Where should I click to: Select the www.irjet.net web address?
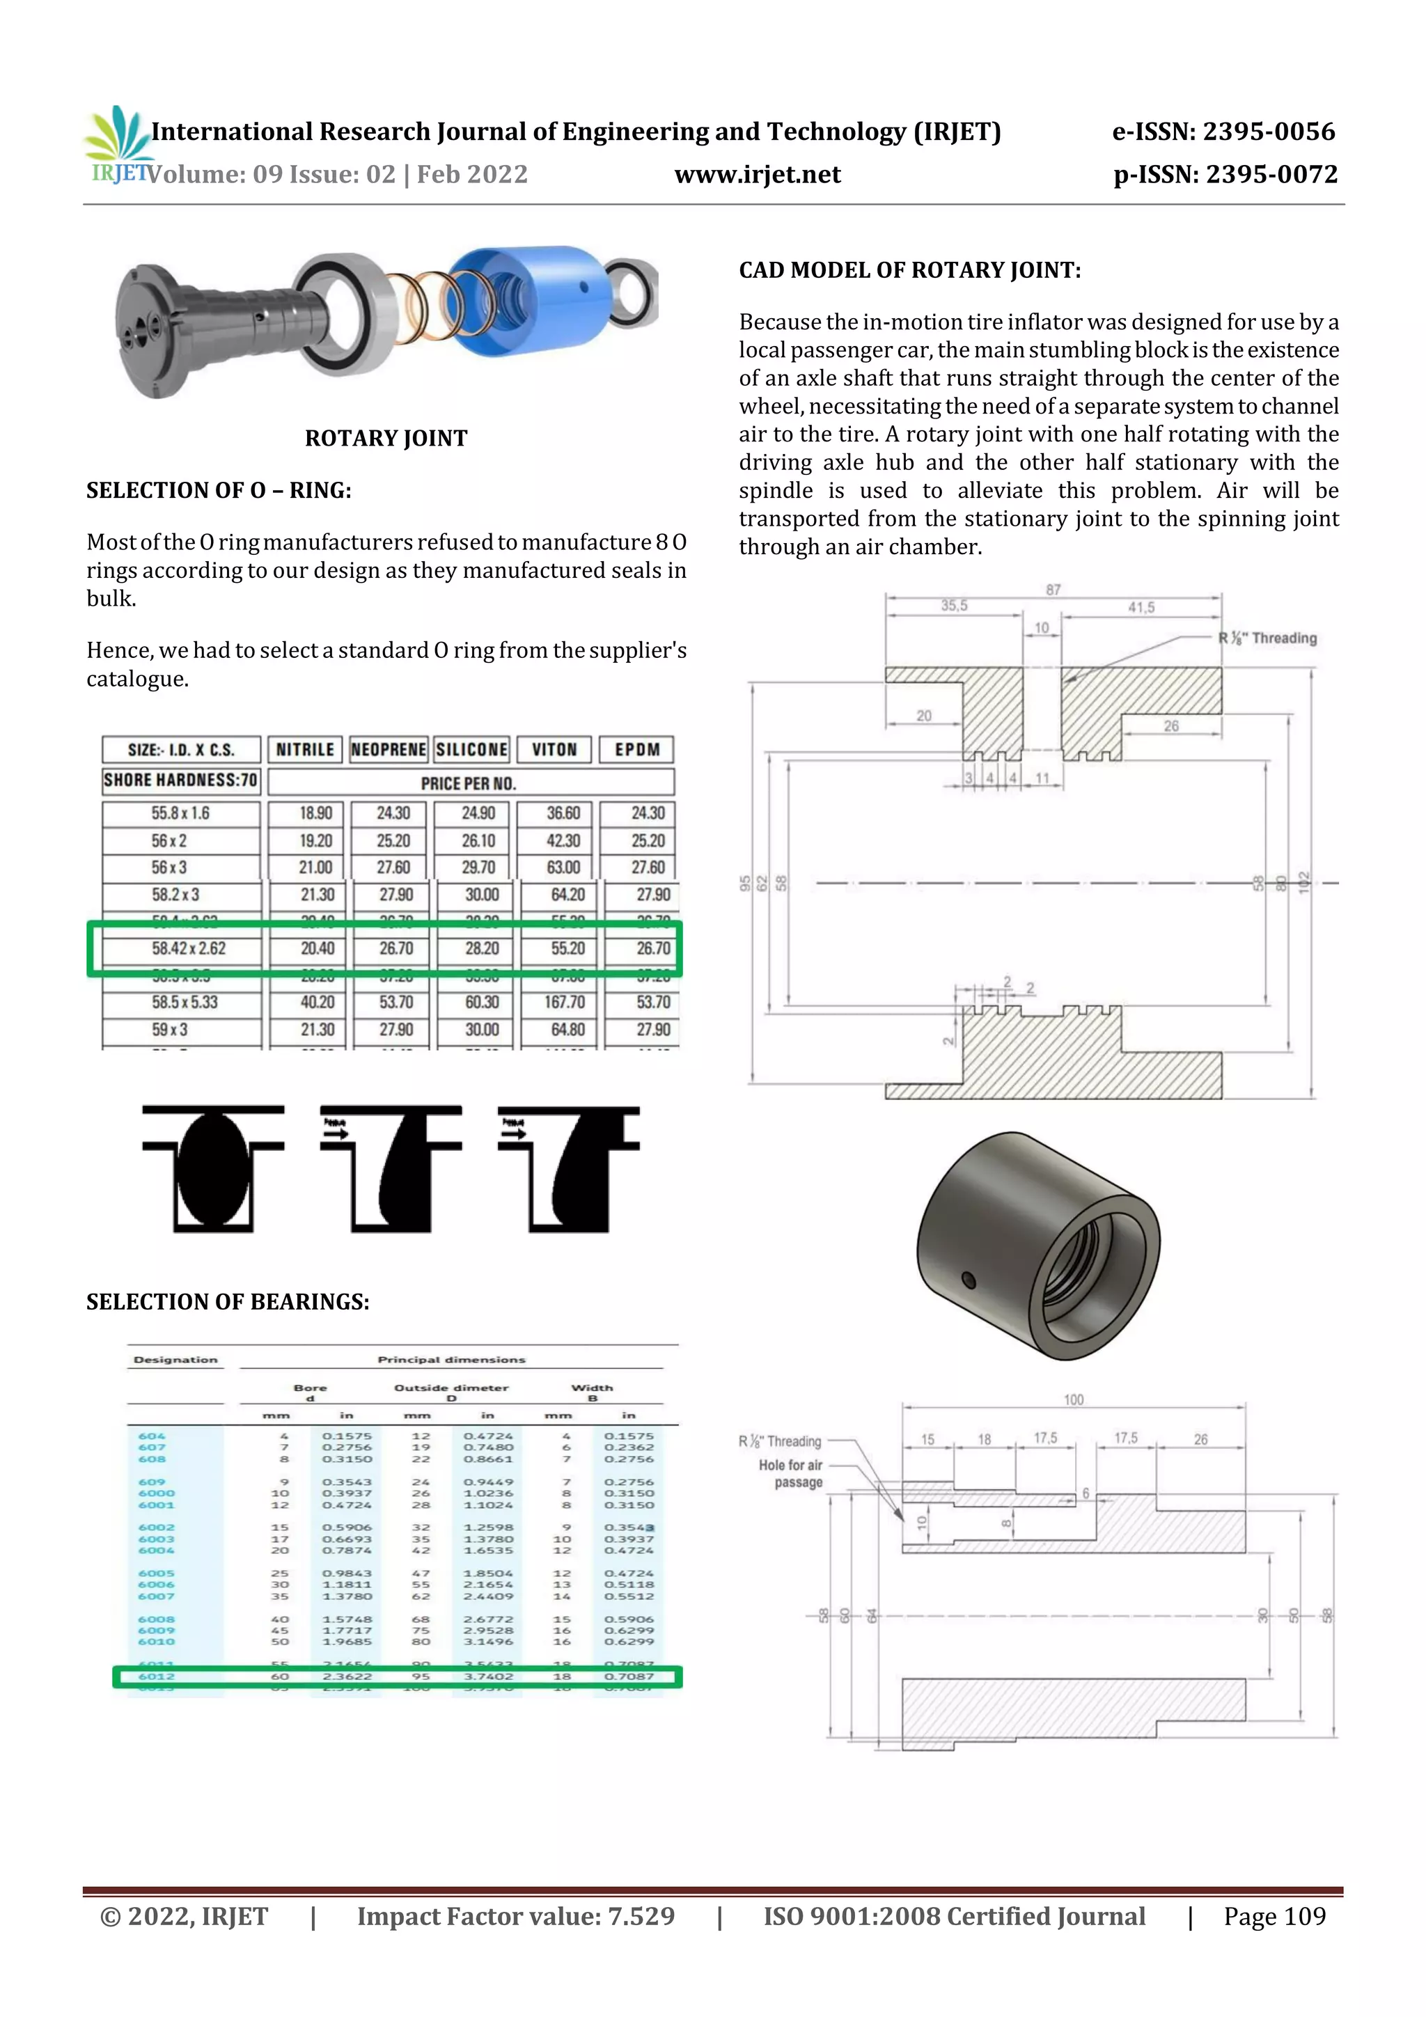tap(758, 175)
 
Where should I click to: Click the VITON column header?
tap(554, 749)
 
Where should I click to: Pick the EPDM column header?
tap(637, 749)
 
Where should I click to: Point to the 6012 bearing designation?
tap(157, 1676)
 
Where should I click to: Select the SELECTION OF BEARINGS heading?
tap(228, 1302)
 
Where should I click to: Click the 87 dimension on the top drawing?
tap(1053, 590)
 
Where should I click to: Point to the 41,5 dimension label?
tap(1141, 607)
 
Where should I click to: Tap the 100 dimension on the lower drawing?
tap(1074, 1400)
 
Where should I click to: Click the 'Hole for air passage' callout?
tap(791, 1473)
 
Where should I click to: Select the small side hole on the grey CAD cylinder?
tap(969, 1279)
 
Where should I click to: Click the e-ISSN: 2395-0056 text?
tap(1223, 132)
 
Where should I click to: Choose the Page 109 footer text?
tap(1274, 1916)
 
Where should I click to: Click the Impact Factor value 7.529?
tap(516, 1916)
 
